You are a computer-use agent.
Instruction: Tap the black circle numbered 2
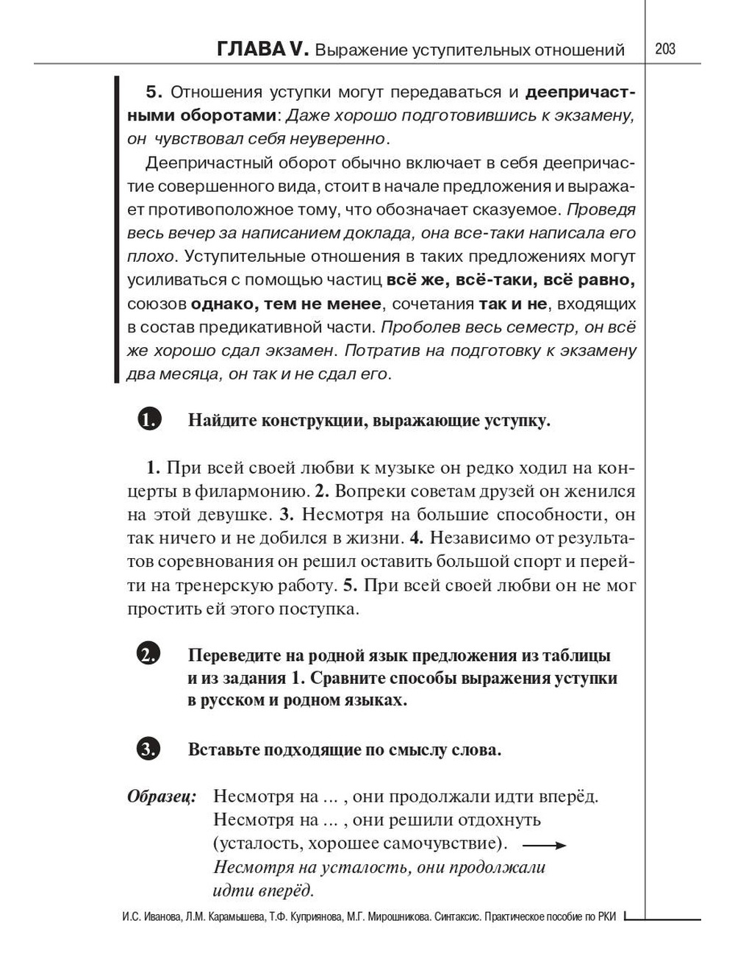point(148,654)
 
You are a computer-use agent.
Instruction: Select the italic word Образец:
point(162,796)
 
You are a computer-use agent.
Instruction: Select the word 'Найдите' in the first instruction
point(220,421)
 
